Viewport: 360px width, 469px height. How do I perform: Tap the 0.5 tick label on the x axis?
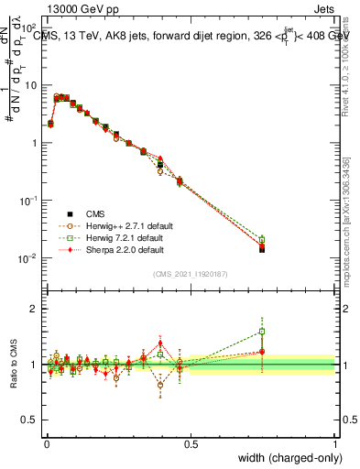(x=191, y=443)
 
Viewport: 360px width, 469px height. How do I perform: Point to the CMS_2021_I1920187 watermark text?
(x=191, y=275)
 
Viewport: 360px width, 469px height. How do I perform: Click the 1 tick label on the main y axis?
(x=32, y=143)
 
